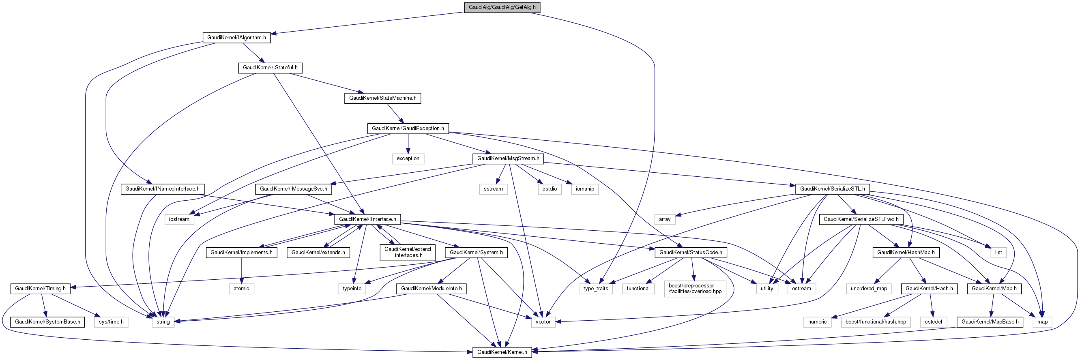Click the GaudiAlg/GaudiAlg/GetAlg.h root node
(x=502, y=7)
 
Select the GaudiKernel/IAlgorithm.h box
(x=236, y=38)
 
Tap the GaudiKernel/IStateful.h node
(x=270, y=68)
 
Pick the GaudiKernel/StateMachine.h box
(x=382, y=98)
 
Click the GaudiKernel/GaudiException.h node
(x=408, y=128)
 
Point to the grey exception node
(x=408, y=159)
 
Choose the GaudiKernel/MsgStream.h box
(x=508, y=159)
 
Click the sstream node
(x=493, y=189)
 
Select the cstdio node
(x=549, y=189)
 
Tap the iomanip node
(x=585, y=189)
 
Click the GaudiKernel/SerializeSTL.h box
(x=832, y=189)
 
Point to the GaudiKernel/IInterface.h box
(x=367, y=219)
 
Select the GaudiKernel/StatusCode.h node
(x=691, y=253)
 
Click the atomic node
(x=241, y=289)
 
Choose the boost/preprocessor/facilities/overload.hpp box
(x=695, y=289)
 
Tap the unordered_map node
(x=869, y=289)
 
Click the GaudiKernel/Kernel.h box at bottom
(x=502, y=352)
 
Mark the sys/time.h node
(x=111, y=322)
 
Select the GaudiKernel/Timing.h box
(x=40, y=289)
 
